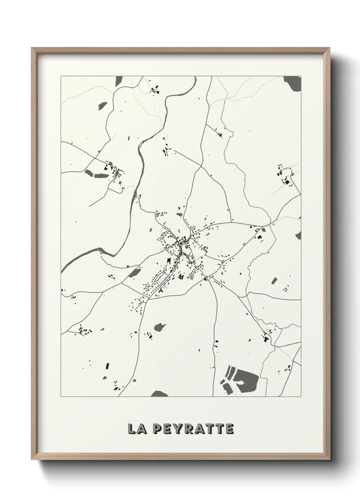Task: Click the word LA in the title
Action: pos(135,429)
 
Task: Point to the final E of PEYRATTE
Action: pos(230,429)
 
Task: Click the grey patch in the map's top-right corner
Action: pos(293,83)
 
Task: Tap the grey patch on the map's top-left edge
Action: pos(119,81)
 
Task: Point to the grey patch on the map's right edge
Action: pos(298,235)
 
